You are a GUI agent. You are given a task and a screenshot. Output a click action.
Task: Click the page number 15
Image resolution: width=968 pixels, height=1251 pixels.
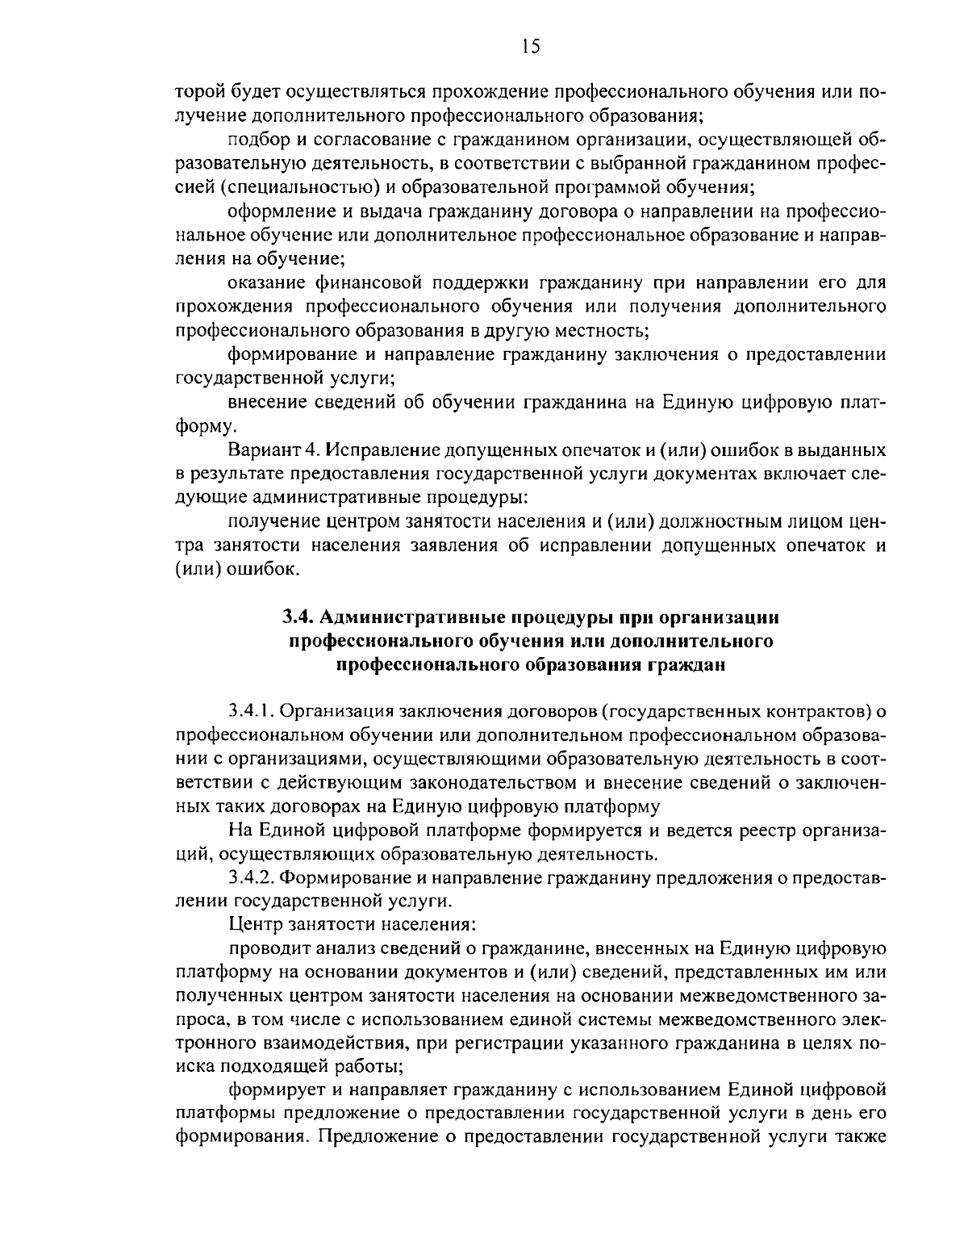click(x=530, y=46)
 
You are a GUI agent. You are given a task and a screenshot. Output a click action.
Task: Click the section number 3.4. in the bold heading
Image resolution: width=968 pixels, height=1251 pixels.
click(x=298, y=618)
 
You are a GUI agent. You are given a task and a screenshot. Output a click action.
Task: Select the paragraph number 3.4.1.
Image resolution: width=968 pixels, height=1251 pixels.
click(x=252, y=711)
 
